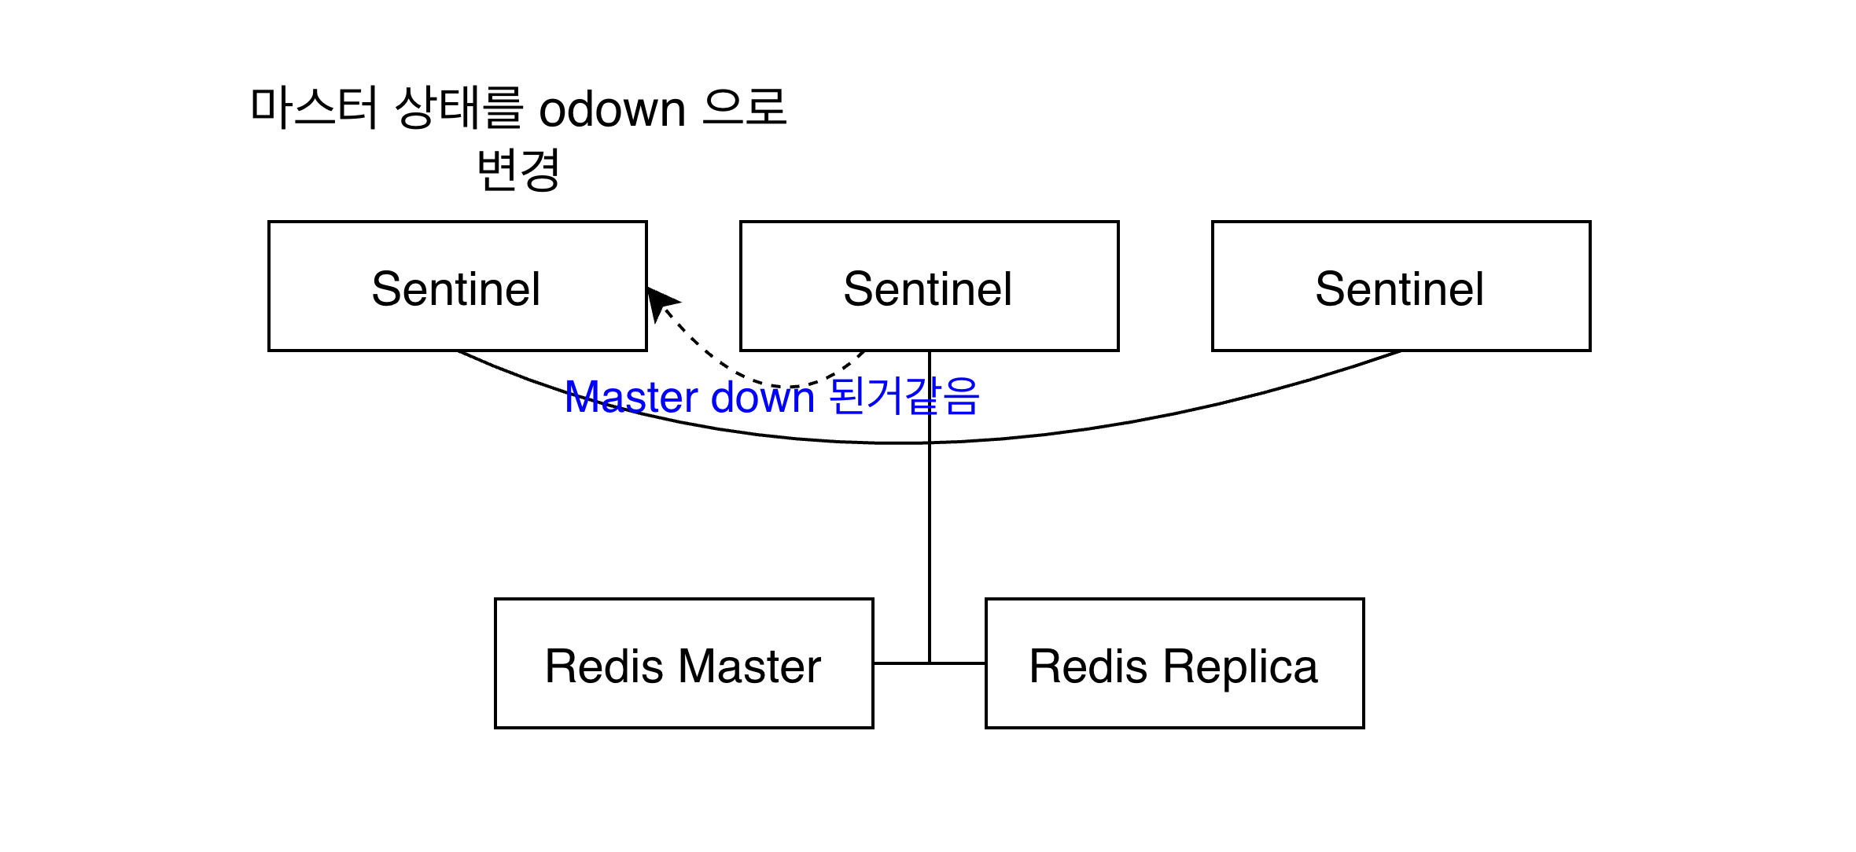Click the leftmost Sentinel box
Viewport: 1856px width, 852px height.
point(457,287)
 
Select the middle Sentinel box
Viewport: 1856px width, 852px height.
point(929,287)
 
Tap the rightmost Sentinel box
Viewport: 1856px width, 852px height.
point(1401,287)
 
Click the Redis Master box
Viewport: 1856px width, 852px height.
point(683,664)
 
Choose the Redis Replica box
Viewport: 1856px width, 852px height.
point(1174,664)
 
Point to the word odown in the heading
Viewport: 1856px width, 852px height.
point(612,108)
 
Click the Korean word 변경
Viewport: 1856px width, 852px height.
point(518,170)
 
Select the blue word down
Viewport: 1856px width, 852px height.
point(762,397)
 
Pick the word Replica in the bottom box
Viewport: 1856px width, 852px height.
point(1240,667)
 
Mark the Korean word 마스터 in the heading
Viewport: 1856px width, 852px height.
point(315,108)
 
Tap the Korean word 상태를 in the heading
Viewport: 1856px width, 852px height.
point(458,108)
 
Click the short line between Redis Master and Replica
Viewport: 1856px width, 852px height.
point(900,663)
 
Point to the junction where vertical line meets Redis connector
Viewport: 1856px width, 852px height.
point(930,663)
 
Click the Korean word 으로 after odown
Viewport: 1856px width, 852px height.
point(744,108)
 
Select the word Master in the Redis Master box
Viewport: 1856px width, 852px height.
point(749,667)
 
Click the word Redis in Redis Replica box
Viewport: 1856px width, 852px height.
point(1088,667)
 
